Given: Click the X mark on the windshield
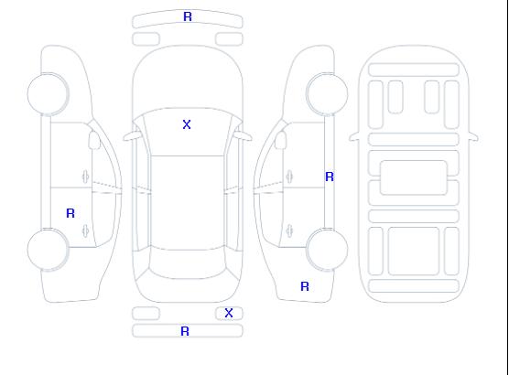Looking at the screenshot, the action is click(x=187, y=124).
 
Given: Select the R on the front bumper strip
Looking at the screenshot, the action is click(x=188, y=16).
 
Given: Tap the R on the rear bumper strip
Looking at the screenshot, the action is click(x=185, y=331).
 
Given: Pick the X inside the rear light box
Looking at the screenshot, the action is click(x=229, y=313).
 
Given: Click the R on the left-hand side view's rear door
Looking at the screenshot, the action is click(x=70, y=213).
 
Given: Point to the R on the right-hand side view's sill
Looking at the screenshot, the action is click(x=330, y=177).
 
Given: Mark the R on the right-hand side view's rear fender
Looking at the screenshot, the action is click(x=305, y=286).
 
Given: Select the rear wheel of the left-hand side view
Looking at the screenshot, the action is click(x=48, y=250).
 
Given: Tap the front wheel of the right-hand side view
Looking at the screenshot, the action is click(x=327, y=94).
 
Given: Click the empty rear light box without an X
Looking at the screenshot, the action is click(x=146, y=314).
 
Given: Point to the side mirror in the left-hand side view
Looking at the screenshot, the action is click(x=94, y=140).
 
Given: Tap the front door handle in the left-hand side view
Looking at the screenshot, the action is click(x=85, y=177).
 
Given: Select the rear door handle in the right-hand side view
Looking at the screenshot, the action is click(x=289, y=230).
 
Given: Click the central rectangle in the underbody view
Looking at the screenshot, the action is click(x=414, y=177).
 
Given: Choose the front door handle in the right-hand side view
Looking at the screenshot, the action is click(x=289, y=177).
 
